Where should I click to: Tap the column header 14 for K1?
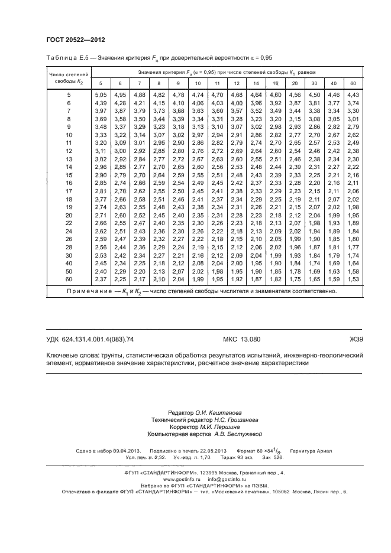coord(256,83)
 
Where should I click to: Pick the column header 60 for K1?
coord(353,83)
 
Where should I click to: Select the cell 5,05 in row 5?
coord(101,95)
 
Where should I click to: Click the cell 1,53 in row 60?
coord(353,278)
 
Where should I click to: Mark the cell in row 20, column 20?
coord(295,216)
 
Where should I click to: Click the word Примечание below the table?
coord(89,291)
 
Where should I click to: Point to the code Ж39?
coord(356,339)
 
